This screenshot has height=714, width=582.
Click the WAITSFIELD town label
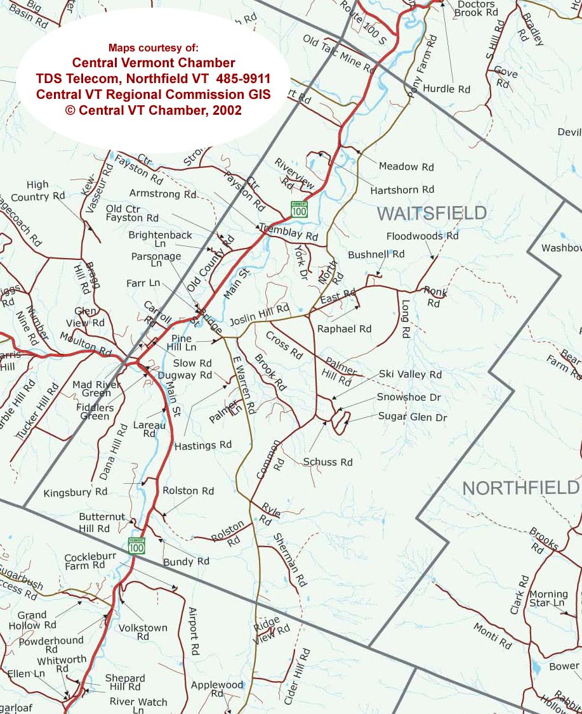[x=432, y=213]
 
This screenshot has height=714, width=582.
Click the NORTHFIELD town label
[x=520, y=488]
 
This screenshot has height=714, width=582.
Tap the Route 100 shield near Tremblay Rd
[x=299, y=209]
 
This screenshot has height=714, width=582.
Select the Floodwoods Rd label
[x=422, y=236]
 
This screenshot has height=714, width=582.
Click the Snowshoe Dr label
[x=409, y=397]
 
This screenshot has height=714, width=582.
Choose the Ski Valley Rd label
[x=410, y=375]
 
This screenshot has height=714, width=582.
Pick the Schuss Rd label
[x=327, y=462]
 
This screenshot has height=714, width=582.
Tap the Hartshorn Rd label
[x=402, y=189]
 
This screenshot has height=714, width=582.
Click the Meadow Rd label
[x=406, y=167]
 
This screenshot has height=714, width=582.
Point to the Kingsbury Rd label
[x=76, y=492]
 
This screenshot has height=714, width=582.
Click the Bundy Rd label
[x=186, y=561]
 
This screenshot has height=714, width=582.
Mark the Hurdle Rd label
[x=447, y=89]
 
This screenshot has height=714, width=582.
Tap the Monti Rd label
[x=492, y=635]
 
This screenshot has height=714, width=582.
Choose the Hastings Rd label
[x=203, y=445]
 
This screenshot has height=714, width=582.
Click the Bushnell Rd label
[x=376, y=254]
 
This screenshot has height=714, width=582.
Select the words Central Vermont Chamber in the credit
[x=154, y=63]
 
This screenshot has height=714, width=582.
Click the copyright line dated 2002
[x=153, y=108]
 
